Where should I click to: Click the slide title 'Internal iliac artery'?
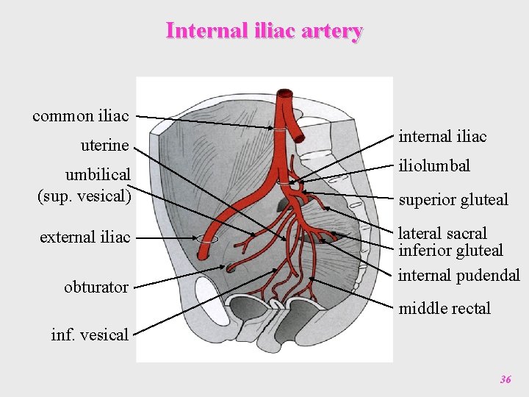pos(264,32)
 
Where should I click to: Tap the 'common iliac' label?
pos(81,116)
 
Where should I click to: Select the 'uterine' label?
pos(104,146)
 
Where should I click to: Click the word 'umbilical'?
pos(98,175)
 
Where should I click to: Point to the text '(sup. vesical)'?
pos(84,196)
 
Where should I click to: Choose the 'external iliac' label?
pos(85,237)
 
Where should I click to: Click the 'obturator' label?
pos(96,287)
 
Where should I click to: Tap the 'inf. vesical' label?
pos(90,335)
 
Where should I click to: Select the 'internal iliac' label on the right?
pos(442,136)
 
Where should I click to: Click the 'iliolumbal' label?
pos(434,166)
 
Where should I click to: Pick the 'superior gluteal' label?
pos(453,199)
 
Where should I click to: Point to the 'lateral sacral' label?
pos(442,234)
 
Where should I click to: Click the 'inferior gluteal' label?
pos(450,251)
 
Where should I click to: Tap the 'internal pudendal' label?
pos(458,276)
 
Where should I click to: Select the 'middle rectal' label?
pos(445,308)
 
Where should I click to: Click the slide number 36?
pos(505,379)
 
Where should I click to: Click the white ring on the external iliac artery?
pos(207,239)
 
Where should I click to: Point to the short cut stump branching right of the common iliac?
pos(298,137)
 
